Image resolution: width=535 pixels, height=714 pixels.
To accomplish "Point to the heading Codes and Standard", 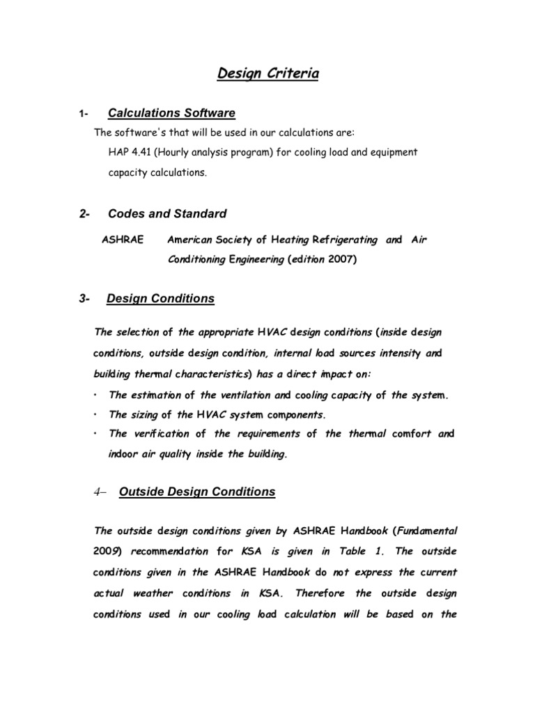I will pyautogui.click(x=166, y=213).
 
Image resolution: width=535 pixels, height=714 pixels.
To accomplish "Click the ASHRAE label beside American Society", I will pyautogui.click(x=123, y=240).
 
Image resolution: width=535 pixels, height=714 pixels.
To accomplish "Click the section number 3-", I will pyautogui.click(x=86, y=299).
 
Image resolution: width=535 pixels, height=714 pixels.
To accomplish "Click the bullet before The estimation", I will pyautogui.click(x=95, y=395).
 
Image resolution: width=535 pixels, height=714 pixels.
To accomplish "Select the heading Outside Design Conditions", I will pyautogui.click(x=197, y=492).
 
